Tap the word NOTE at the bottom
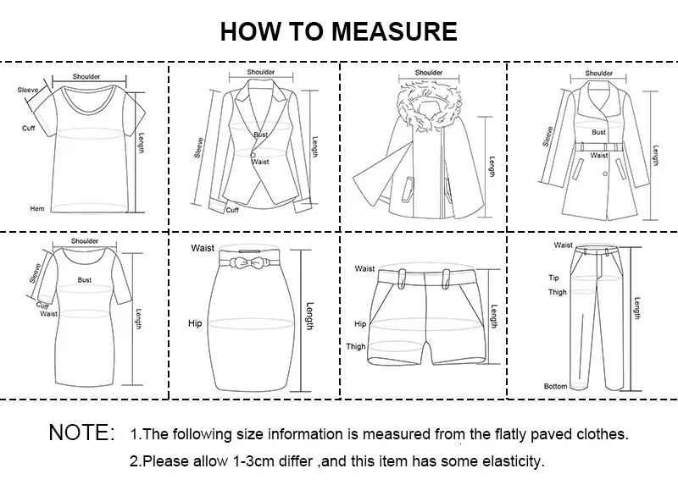click(x=81, y=433)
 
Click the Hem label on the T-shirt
click(x=37, y=208)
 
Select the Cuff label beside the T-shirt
click(x=28, y=128)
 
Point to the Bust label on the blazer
click(x=260, y=135)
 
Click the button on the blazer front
click(x=252, y=152)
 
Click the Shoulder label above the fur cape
click(x=429, y=73)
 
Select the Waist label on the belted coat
click(x=599, y=156)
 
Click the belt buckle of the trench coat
click(x=599, y=147)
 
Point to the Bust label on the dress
click(x=85, y=279)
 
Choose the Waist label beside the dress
click(x=48, y=314)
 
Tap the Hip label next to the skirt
click(x=194, y=323)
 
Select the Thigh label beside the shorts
click(x=355, y=346)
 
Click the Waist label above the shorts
click(x=364, y=268)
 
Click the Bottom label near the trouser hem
click(x=555, y=387)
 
